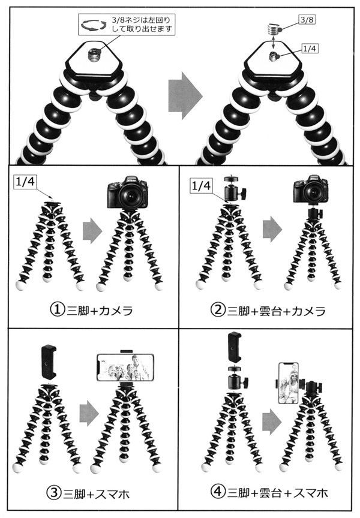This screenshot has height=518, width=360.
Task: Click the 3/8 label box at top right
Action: pos(306,20)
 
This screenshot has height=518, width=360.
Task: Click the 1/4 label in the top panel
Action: pos(310,49)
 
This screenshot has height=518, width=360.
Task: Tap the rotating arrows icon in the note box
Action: pos(94,25)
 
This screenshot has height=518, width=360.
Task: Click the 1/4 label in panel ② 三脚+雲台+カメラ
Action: pos(202,186)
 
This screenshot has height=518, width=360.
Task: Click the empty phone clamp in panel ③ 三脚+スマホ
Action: pos(49,362)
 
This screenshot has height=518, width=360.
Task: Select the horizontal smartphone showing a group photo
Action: pos(125,368)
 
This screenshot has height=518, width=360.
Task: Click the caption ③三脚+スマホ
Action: pos(88,493)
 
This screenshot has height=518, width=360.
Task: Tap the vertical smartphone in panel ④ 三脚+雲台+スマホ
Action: pos(288,383)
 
